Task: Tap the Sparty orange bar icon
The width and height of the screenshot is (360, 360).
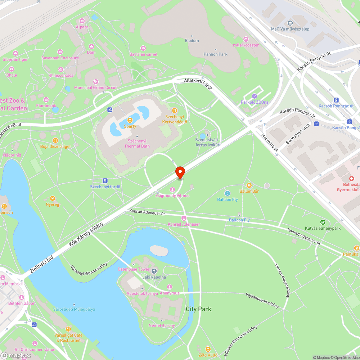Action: [x=130, y=120]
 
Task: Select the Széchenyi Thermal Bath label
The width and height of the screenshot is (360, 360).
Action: [x=137, y=144]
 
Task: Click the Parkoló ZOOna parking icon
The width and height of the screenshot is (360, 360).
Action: [x=255, y=96]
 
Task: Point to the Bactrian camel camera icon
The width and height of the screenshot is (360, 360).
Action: [x=143, y=48]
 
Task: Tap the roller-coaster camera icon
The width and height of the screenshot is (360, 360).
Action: [x=246, y=39]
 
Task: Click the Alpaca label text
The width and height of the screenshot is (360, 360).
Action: [x=82, y=27]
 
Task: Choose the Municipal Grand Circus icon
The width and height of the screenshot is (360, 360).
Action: [x=96, y=82]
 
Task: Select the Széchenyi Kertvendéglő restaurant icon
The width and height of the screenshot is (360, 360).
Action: [x=175, y=111]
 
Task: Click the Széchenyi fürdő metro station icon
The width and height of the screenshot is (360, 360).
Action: [x=105, y=181]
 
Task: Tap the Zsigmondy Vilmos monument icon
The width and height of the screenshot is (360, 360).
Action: [x=172, y=190]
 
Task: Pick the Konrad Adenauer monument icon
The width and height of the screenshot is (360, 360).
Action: [x=184, y=218]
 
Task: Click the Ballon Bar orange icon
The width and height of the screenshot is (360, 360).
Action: [x=249, y=185]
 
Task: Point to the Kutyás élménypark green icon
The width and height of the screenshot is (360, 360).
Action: [x=323, y=222]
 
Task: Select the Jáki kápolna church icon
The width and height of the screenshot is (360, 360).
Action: [x=154, y=271]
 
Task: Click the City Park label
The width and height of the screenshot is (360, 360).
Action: [x=198, y=309]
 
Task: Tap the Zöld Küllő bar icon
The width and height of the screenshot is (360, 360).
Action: [x=208, y=349]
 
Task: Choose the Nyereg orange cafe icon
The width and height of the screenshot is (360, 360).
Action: [x=52, y=198]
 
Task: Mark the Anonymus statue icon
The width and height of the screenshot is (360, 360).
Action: [x=170, y=287]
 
